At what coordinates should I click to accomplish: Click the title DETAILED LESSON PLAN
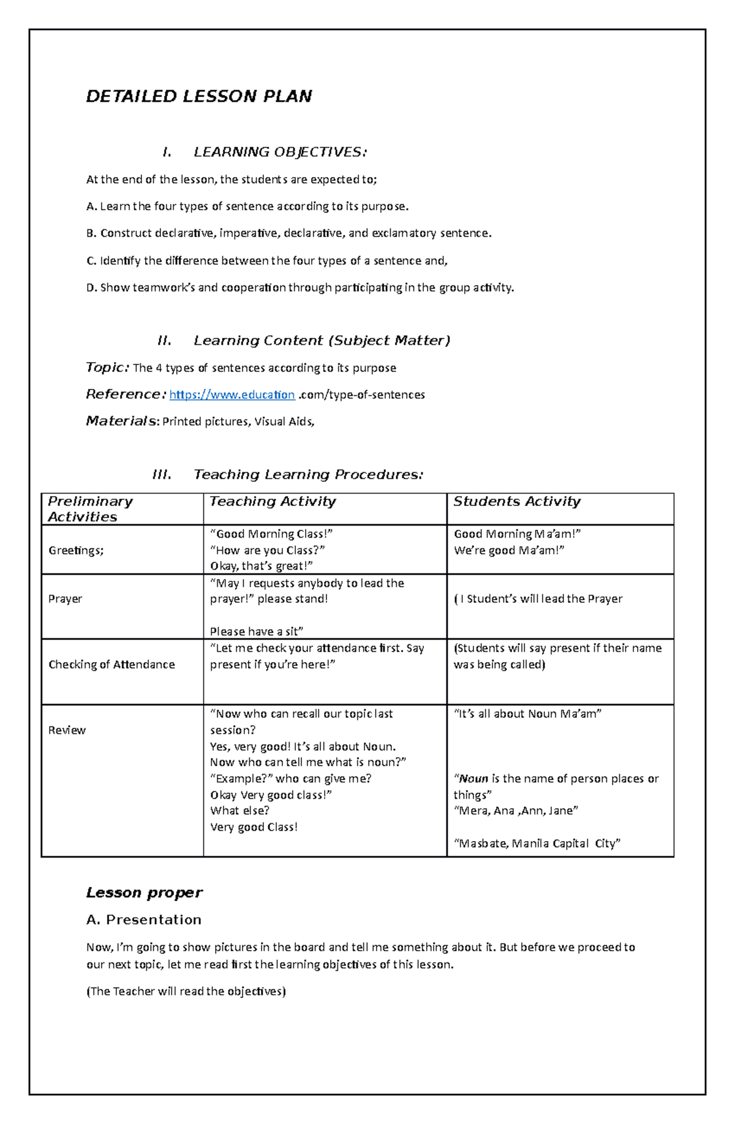199,97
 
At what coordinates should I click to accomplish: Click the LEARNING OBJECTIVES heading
281,152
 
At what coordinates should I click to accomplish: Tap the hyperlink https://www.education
232,395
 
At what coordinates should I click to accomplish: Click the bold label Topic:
107,368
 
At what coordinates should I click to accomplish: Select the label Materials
121,421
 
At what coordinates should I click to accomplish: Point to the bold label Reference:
126,394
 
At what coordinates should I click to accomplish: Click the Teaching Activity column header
273,502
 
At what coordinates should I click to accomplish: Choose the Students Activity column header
516,502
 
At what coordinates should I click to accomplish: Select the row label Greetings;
76,551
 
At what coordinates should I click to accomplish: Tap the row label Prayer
65,599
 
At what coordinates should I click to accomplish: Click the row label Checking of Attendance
111,665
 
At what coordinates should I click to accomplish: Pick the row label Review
67,730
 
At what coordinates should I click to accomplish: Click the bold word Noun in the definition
473,779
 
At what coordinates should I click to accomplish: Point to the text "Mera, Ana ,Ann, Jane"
516,811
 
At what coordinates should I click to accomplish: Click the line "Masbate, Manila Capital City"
537,843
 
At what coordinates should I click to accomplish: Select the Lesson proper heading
144,893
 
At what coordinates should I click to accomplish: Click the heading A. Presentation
144,920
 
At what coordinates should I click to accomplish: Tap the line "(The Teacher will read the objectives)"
186,992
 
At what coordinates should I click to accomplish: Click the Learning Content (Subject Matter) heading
322,341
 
